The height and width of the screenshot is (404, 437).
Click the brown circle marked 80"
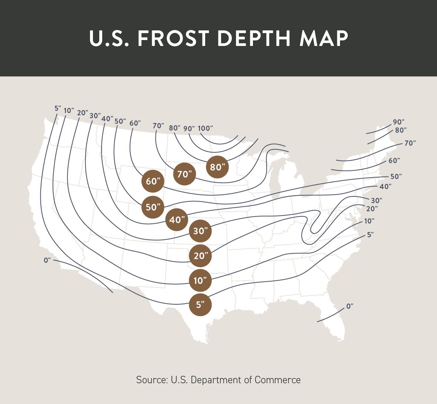pyautogui.click(x=217, y=167)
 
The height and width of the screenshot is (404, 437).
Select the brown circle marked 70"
pyautogui.click(x=184, y=174)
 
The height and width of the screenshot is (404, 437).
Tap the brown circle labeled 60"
pyautogui.click(x=153, y=181)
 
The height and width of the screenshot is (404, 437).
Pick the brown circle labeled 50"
pyautogui.click(x=153, y=207)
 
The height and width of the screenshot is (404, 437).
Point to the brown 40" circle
pyautogui.click(x=177, y=219)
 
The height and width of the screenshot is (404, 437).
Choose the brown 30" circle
pyautogui.click(x=200, y=231)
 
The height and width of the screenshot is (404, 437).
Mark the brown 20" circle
pyautogui.click(x=200, y=256)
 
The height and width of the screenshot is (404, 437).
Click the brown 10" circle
pyautogui.click(x=200, y=280)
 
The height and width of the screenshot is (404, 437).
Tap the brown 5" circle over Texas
pyautogui.click(x=200, y=305)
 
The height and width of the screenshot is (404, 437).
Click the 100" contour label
pyautogui.click(x=205, y=128)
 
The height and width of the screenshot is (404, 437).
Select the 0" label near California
pyautogui.click(x=47, y=260)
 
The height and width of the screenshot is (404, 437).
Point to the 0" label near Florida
pyautogui.click(x=350, y=306)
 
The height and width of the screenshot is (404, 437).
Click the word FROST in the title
pyautogui.click(x=173, y=38)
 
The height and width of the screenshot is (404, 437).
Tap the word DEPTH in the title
pyautogui.click(x=254, y=38)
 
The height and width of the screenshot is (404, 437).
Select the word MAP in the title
pyautogui.click(x=324, y=38)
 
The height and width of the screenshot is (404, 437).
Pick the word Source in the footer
pyautogui.click(x=152, y=380)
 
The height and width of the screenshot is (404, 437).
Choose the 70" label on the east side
pyautogui.click(x=410, y=143)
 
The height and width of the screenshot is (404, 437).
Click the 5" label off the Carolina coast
pyautogui.click(x=370, y=235)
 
